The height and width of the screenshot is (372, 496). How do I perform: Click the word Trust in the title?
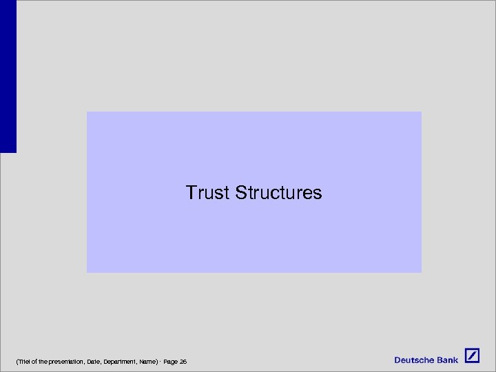pos(207,193)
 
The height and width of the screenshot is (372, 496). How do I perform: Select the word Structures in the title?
pos(278,193)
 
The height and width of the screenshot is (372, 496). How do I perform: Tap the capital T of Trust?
pos(191,193)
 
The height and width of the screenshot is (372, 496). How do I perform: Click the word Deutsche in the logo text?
pos(414,360)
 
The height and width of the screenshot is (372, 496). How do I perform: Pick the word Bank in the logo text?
pos(447,360)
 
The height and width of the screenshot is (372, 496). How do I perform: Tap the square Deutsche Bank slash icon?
pos(472,356)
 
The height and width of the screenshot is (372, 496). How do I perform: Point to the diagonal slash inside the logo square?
pos(472,356)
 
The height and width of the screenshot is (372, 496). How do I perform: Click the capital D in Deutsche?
pos(397,360)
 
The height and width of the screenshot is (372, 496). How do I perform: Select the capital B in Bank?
pos(439,360)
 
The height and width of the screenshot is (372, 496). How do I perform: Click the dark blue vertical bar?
pos(8,76)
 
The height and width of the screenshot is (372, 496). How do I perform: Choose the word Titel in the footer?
pos(21,362)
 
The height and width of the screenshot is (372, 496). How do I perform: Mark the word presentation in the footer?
pos(61,362)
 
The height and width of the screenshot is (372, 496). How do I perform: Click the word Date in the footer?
pos(94,362)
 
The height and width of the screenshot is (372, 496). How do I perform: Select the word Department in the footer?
pos(120,362)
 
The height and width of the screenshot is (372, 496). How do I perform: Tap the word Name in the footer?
pos(148,362)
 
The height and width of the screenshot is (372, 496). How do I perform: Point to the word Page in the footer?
pos(171,362)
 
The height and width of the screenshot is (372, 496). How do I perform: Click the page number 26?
pos(183,362)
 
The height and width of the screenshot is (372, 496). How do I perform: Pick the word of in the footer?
pos(32,362)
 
